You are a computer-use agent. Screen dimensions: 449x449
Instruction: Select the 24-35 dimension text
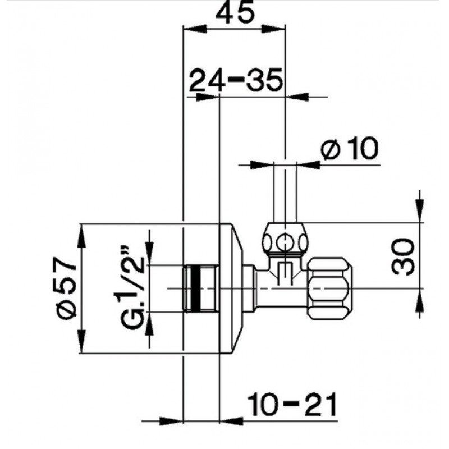point(236,80)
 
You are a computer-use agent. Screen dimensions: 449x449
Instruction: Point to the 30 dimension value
point(403,256)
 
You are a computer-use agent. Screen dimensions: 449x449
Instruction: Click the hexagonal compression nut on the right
point(329,287)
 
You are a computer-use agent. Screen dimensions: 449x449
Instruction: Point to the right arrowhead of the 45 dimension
point(273,29)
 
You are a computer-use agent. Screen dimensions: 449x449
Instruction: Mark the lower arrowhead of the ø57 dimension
point(81,341)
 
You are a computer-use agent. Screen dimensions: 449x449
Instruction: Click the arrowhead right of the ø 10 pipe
point(308,164)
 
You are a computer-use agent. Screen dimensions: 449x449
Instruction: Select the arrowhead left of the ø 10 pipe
point(262,164)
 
